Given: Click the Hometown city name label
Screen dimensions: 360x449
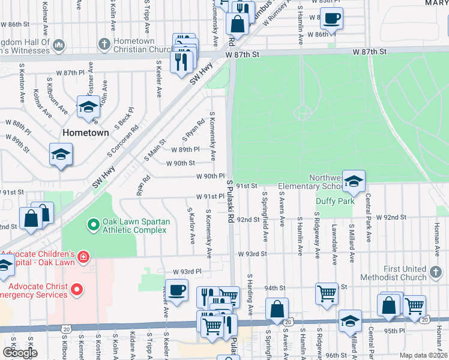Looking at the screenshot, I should pos(86,133).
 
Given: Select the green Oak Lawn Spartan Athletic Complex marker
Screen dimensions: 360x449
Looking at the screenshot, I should pos(93,226).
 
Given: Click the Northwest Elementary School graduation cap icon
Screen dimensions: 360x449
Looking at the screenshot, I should pos(354,181).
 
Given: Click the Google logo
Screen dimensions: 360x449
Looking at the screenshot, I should pos(20,353).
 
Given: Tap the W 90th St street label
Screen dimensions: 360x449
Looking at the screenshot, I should pos(180,163).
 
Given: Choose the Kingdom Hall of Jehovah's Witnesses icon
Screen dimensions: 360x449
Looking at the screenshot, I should pos(59,45).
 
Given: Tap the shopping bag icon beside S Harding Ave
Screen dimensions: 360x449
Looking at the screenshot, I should pos(277,310).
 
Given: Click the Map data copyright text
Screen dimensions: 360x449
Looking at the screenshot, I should pos(423,355).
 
